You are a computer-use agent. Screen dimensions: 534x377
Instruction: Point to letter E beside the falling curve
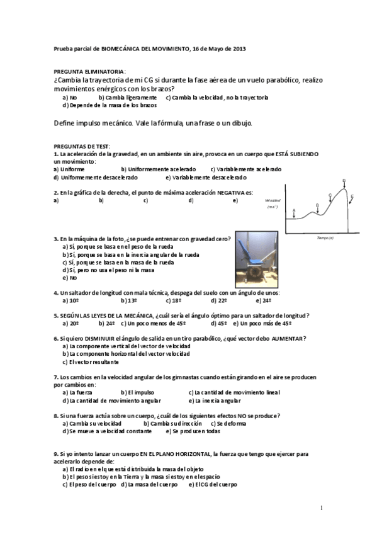[352, 196]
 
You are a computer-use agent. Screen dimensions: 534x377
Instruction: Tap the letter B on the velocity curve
[317, 205]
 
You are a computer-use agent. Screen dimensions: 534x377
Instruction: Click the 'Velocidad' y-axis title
[273, 199]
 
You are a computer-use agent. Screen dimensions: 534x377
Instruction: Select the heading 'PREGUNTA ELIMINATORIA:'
[89, 72]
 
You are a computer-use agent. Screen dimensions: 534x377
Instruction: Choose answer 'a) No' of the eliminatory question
[69, 98]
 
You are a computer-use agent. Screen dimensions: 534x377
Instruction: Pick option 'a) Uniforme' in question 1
[69, 169]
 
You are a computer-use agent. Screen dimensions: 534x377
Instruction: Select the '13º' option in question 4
[129, 300]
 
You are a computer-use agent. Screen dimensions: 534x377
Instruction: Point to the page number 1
[321, 508]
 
